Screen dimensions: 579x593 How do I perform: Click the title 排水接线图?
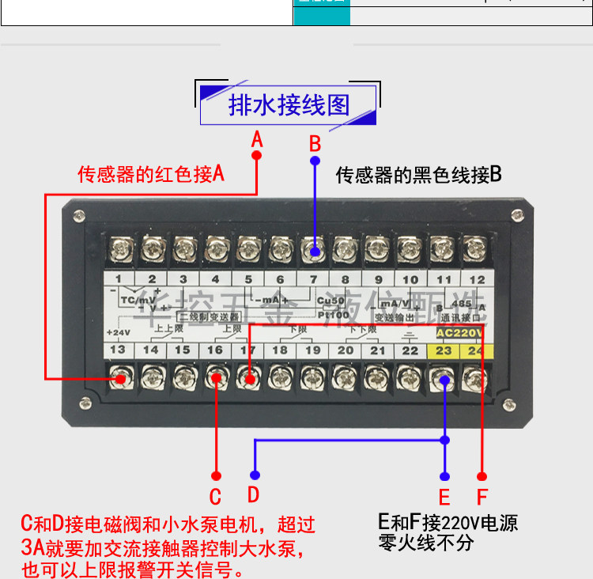pos(289,105)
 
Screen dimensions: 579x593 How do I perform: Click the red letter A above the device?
pos(256,140)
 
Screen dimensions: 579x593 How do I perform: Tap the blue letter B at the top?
pos(315,144)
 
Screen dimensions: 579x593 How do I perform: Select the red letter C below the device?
pos(215,497)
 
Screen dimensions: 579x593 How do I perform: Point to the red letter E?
pos(444,497)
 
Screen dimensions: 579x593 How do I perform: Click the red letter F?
pos(482,497)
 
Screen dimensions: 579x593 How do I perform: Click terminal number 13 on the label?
pos(118,350)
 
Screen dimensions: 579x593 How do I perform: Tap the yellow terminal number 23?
pos(444,350)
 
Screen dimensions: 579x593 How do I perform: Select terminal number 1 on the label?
pos(119,278)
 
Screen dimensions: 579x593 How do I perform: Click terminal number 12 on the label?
pos(478,278)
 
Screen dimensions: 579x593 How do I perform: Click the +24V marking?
pos(116,332)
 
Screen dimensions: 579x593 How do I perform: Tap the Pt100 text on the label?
pos(327,314)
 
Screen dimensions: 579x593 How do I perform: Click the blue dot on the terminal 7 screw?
pos(315,252)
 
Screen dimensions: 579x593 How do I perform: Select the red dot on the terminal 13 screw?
pos(120,380)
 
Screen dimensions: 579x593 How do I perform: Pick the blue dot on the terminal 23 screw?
pos(445,380)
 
